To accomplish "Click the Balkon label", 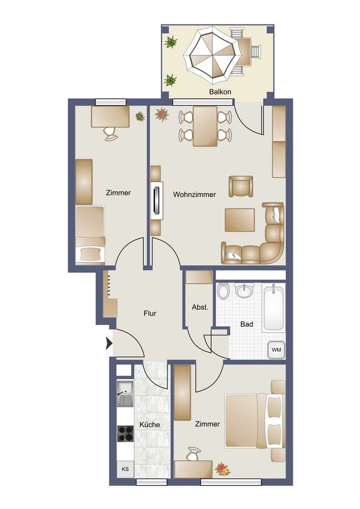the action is pyautogui.click(x=220, y=92).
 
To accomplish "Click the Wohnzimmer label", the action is pyautogui.click(x=195, y=194).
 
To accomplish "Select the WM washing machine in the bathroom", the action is pyautogui.click(x=276, y=350).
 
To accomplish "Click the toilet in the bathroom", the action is pyautogui.click(x=223, y=291).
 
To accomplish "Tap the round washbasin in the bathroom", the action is pyautogui.click(x=244, y=291).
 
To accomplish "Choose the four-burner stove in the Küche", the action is pyautogui.click(x=125, y=434).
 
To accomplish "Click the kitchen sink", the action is pyautogui.click(x=125, y=394).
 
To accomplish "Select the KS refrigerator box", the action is pyautogui.click(x=125, y=469).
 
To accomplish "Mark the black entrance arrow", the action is pyautogui.click(x=109, y=343).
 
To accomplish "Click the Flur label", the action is pyautogui.click(x=150, y=313).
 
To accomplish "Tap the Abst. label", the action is pyautogui.click(x=200, y=307).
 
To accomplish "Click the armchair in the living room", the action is pyautogui.click(x=241, y=186).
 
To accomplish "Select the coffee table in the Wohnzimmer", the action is pyautogui.click(x=239, y=220).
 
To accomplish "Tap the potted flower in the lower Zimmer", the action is pyautogui.click(x=223, y=469).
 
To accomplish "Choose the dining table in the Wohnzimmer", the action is pyautogui.click(x=205, y=126).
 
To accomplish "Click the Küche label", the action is pyautogui.click(x=150, y=425).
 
